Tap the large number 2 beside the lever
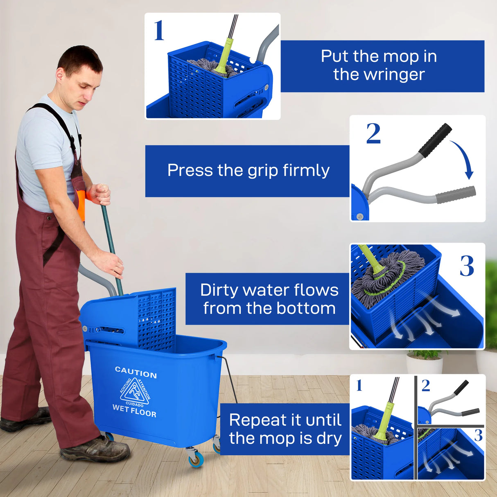tap(373, 133)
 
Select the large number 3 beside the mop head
tap(467, 266)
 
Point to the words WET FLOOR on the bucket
tap(134, 411)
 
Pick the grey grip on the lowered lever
tap(455, 195)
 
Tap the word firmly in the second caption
tap(306, 171)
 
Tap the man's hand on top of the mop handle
tap(100, 194)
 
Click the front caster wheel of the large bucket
tap(196, 459)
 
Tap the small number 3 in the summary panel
tap(478, 436)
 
